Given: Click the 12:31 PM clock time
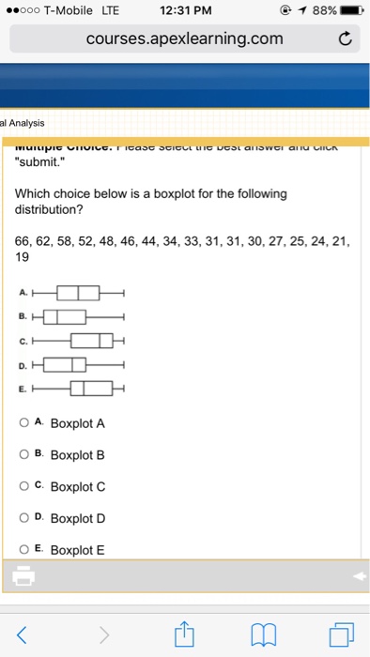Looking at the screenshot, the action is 184,10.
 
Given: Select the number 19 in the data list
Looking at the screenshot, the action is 23,256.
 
